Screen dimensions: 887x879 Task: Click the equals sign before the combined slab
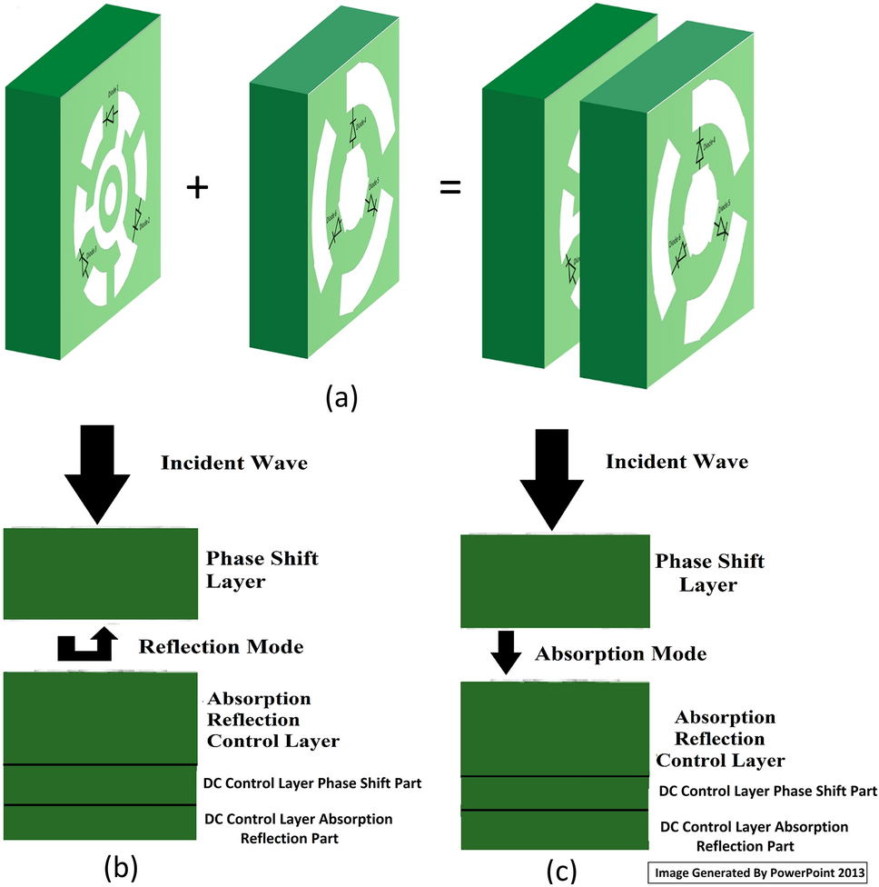(x=451, y=189)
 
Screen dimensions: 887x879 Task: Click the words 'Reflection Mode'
(x=221, y=647)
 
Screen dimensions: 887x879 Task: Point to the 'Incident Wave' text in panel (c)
(x=677, y=462)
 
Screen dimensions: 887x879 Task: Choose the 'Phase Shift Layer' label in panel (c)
(x=709, y=573)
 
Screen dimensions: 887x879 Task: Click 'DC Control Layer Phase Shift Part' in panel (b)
(x=326, y=782)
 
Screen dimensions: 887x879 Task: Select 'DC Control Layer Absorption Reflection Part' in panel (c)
(x=754, y=836)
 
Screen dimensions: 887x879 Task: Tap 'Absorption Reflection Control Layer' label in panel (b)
(x=273, y=720)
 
